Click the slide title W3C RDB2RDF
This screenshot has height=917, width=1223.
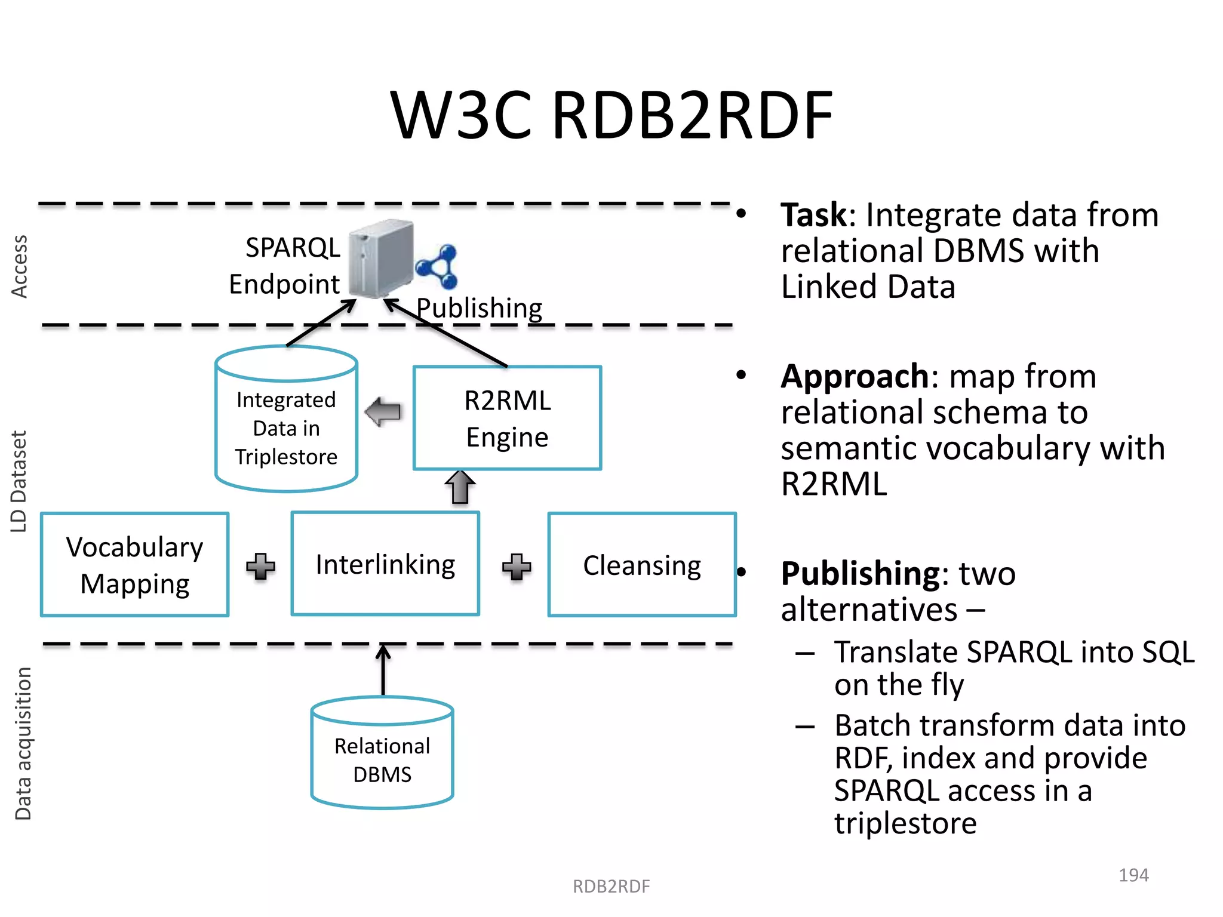tap(611, 115)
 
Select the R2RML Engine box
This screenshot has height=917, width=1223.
tap(507, 419)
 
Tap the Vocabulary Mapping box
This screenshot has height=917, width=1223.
tap(135, 565)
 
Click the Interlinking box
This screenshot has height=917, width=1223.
tap(385, 564)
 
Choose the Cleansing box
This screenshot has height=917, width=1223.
tap(642, 565)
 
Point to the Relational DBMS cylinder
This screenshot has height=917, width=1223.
tap(382, 753)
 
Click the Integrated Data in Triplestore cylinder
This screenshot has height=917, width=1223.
tap(286, 421)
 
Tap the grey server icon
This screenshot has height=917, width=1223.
tap(381, 259)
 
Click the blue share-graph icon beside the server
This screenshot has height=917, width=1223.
tap(438, 266)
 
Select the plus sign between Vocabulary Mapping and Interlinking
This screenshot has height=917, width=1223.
tap(261, 566)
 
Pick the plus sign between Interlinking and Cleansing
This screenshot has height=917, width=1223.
tap(517, 566)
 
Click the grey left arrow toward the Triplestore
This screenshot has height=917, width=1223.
tap(383, 412)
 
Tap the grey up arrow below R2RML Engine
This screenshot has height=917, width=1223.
tap(460, 487)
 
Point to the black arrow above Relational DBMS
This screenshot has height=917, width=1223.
tap(383, 670)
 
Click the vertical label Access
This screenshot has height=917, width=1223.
tap(20, 266)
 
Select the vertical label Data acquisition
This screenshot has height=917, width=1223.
tap(23, 743)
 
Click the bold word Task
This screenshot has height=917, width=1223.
tap(813, 216)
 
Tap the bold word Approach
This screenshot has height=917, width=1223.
tap(855, 377)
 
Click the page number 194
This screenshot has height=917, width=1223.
tap(1133, 875)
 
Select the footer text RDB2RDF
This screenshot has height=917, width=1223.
tap(611, 887)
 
